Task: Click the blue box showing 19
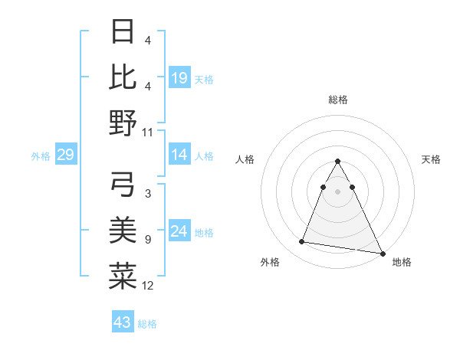pos(179,78)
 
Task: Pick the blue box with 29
pos(65,155)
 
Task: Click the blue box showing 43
pos(123,322)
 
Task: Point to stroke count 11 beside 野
pos(148,133)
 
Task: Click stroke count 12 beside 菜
pos(148,286)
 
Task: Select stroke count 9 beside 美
pos(148,240)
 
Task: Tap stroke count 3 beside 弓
pos(148,194)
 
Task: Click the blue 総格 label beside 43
pos(147,324)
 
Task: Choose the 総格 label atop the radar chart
pos(338,100)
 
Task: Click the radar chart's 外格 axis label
pos(269,262)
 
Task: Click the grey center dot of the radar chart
pos(338,191)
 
